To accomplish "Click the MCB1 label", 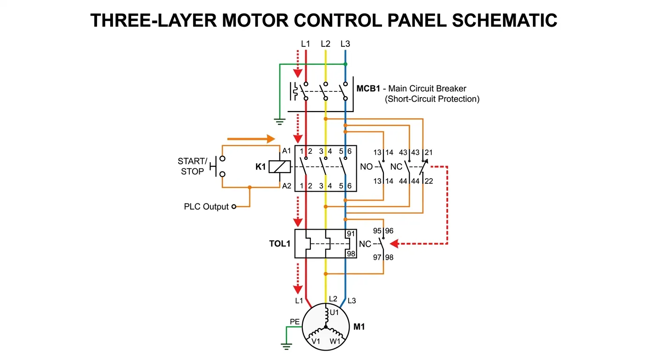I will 368,89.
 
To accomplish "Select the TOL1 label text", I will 280,244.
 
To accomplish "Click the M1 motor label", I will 359,327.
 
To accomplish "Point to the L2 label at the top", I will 325,44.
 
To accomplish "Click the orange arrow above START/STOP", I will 251,139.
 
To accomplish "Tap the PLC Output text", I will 206,207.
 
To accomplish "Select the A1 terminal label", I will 287,151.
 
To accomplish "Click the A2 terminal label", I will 287,186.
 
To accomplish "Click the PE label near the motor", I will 294,322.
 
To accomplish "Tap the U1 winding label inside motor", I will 334,312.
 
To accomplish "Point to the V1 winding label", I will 316,341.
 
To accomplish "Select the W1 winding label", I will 335,341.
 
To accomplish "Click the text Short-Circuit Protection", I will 432,99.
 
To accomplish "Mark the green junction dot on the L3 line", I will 345,64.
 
